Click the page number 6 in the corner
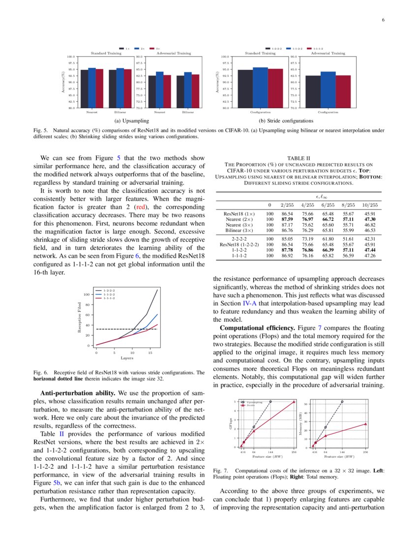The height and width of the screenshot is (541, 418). coord(383,20)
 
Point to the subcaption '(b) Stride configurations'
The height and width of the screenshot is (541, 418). coord(289,120)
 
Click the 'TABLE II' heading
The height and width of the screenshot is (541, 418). coord(299,158)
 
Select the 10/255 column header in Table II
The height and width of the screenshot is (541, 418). coord(370,205)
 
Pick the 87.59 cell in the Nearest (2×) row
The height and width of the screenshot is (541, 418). coord(287,219)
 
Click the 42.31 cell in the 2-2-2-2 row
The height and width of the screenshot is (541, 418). coord(370,239)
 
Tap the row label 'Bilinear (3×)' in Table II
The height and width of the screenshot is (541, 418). coord(239,230)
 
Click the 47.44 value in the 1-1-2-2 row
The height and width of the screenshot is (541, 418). coord(370,250)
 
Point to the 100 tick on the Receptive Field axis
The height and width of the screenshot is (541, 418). coord(87,294)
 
